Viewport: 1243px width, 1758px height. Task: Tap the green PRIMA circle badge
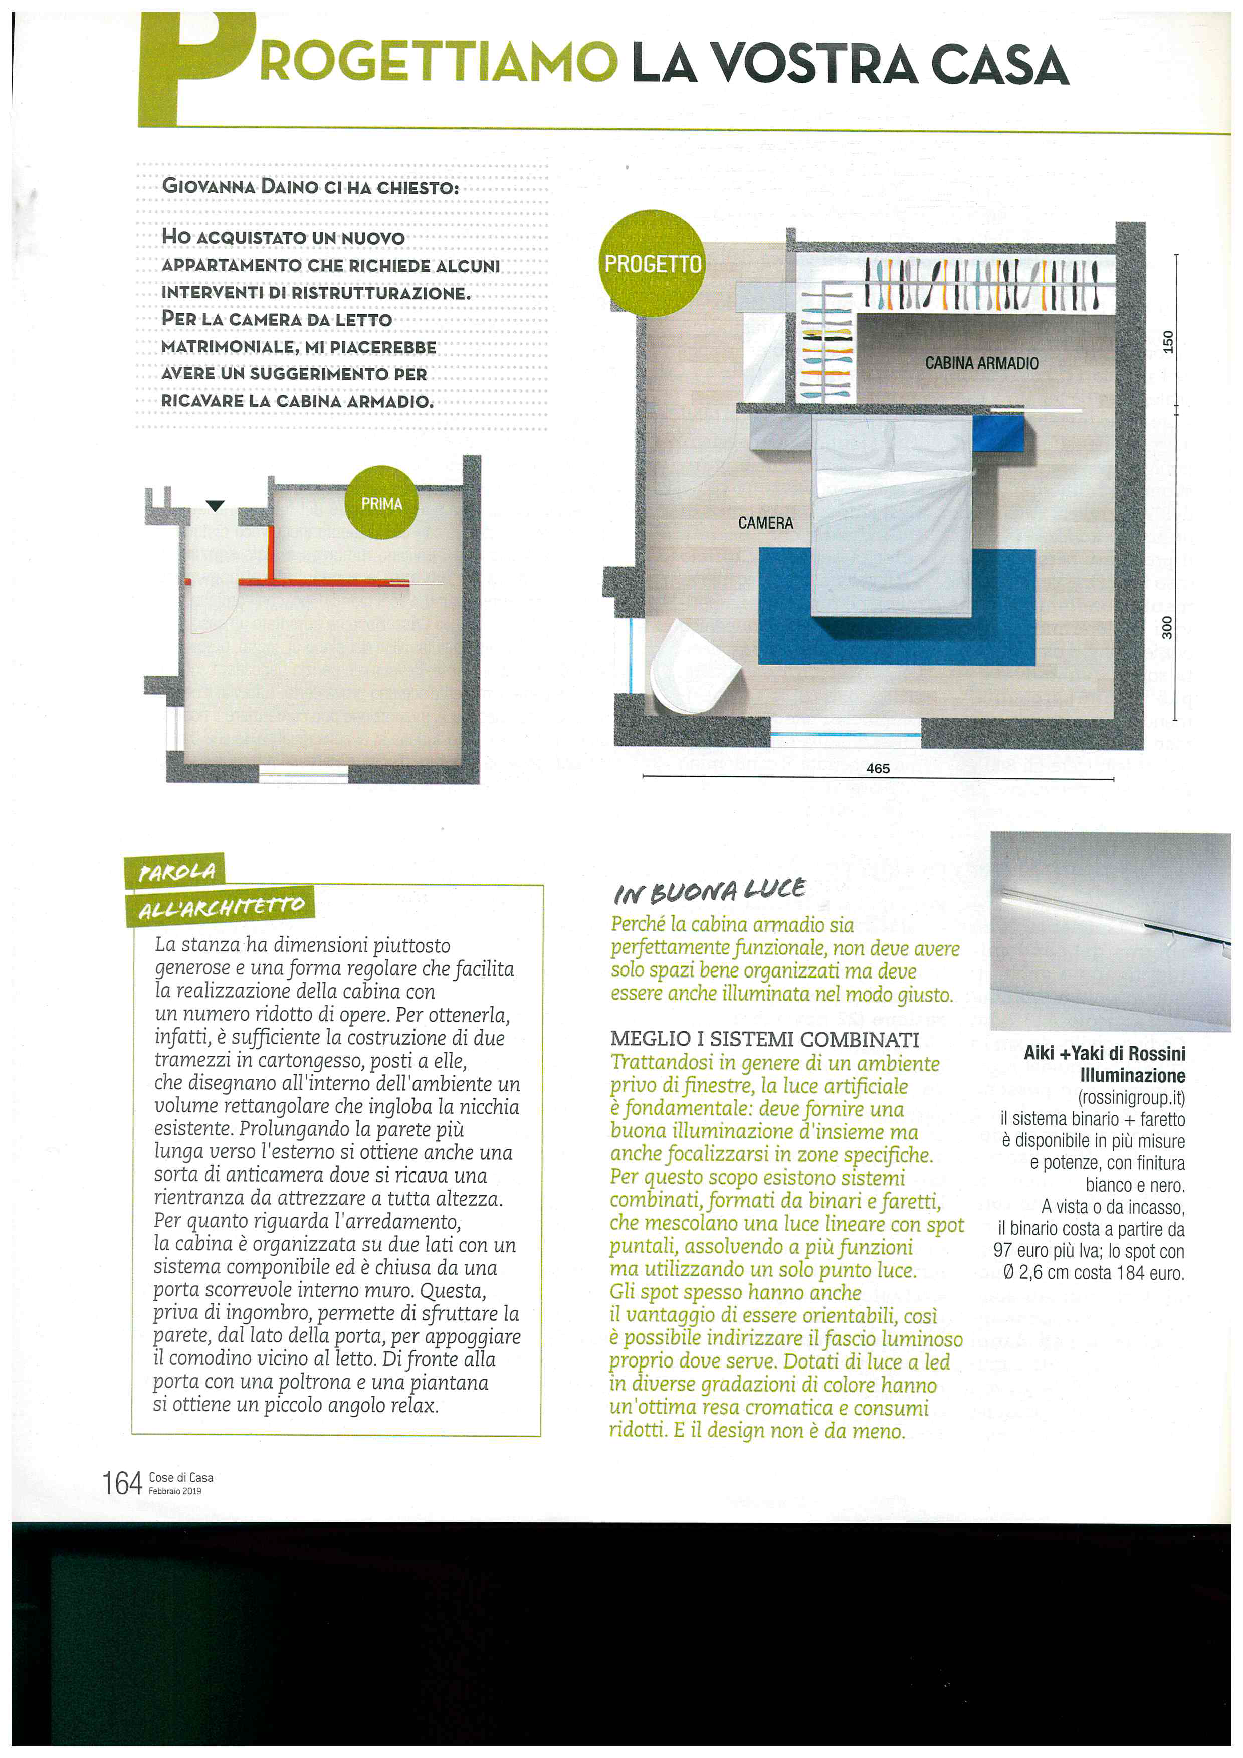(x=381, y=503)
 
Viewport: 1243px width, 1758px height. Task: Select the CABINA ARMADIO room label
(x=981, y=363)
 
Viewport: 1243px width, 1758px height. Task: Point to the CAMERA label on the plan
(x=765, y=523)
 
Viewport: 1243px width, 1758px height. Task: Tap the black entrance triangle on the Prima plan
(x=215, y=505)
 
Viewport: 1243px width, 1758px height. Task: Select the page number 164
(x=122, y=1483)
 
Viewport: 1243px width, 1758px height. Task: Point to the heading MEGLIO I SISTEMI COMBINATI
(x=764, y=1039)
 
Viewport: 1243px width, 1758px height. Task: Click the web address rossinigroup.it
(x=1131, y=1097)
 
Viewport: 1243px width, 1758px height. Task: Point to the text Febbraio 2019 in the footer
(x=175, y=1491)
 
